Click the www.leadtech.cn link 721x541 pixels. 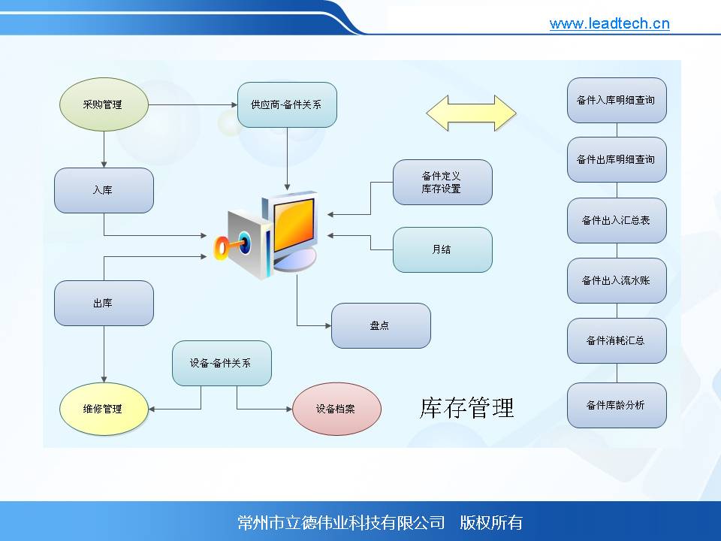(x=609, y=23)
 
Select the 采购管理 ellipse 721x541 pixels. (x=104, y=104)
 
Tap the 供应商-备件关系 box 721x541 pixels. (x=287, y=105)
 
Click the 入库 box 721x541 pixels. (x=104, y=190)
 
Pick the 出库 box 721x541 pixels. (x=104, y=303)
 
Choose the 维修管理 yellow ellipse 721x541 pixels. (x=104, y=409)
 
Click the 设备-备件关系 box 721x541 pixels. (x=222, y=363)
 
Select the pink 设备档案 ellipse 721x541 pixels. (x=336, y=409)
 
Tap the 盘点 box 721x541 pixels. (x=381, y=325)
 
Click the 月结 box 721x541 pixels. (x=442, y=249)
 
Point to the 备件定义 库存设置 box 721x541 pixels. (x=442, y=182)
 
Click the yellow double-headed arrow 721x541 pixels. (x=472, y=113)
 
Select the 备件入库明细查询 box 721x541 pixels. (x=617, y=100)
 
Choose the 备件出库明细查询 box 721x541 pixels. (x=617, y=159)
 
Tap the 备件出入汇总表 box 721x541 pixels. (x=617, y=220)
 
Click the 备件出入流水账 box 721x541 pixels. (x=617, y=280)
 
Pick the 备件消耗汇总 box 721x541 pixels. (x=617, y=340)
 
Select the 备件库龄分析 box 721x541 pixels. (x=617, y=405)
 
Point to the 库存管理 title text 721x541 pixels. (x=466, y=408)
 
